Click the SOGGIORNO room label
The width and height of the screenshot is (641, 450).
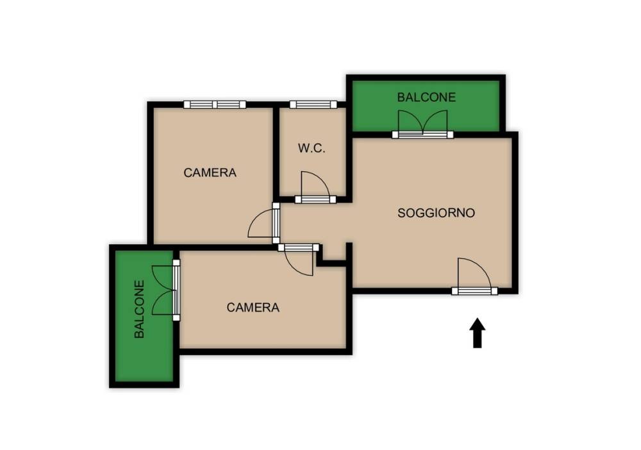(x=436, y=213)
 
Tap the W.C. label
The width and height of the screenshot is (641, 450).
(x=312, y=148)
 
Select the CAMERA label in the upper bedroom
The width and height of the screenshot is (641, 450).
(x=210, y=172)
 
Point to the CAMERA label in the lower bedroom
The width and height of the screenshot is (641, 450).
(x=253, y=307)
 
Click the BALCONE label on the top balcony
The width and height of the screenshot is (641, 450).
(x=426, y=97)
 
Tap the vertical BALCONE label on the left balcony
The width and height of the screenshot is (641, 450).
(x=139, y=309)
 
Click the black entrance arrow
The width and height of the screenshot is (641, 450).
(x=477, y=333)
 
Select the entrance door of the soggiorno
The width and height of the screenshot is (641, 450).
(x=474, y=276)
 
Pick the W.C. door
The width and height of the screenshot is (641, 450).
(x=315, y=188)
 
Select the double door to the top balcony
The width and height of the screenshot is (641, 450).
(x=422, y=124)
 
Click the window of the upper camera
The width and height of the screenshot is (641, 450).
(x=215, y=104)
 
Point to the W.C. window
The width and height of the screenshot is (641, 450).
(x=313, y=104)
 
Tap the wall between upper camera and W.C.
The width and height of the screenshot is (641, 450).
(x=276, y=154)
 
